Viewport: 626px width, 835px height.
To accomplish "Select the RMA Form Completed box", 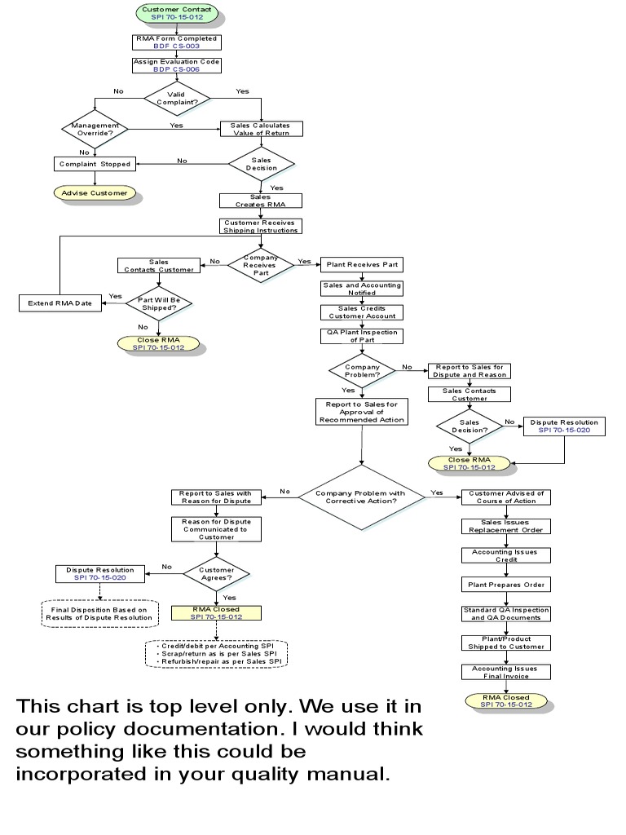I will (177, 42).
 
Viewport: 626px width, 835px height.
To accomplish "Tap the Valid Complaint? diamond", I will (177, 99).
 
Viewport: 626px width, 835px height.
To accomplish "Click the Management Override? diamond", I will (95, 130).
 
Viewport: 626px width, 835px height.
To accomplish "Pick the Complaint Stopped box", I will (95, 164).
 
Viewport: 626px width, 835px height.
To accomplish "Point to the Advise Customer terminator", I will (95, 193).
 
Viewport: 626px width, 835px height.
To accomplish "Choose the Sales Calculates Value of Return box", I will (261, 129).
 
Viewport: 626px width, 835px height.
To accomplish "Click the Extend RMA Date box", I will (60, 303).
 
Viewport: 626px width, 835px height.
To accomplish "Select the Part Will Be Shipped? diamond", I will (158, 303).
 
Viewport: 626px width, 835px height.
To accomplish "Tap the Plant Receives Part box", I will (361, 264).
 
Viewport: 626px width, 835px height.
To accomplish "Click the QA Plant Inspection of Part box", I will (361, 336).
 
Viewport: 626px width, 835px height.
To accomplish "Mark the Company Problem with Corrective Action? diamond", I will (361, 497).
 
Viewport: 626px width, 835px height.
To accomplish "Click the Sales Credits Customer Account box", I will (361, 311).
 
